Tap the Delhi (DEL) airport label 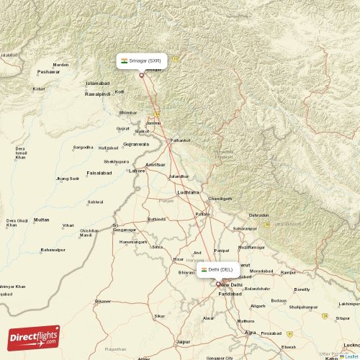[217, 270]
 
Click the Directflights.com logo [33, 336]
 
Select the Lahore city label [137, 171]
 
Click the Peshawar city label [49, 72]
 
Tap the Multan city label [42, 220]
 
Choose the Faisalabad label [99, 173]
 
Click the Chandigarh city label [220, 198]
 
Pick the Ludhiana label [189, 192]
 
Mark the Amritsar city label [155, 165]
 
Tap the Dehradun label [258, 215]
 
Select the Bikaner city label [104, 301]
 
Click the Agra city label [250, 333]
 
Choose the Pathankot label [180, 140]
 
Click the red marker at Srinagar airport [142, 75]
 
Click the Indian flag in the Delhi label [204, 270]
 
